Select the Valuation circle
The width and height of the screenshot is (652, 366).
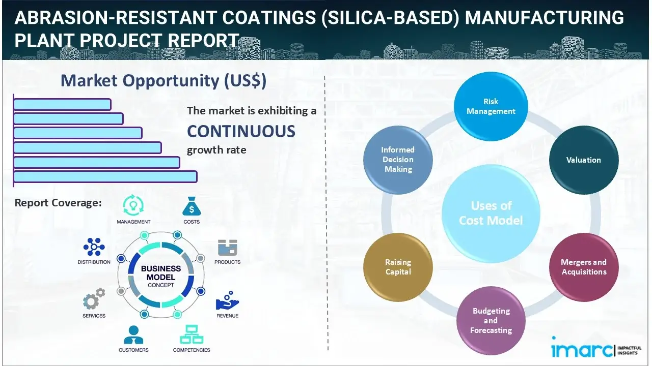[x=583, y=160]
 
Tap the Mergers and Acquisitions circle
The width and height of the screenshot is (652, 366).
[x=583, y=267]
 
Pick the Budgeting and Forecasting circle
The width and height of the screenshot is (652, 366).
[x=491, y=320]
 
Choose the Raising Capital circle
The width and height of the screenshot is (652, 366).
[x=398, y=267]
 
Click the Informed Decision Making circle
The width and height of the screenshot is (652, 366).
[x=398, y=160]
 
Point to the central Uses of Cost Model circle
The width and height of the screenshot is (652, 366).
[x=491, y=213]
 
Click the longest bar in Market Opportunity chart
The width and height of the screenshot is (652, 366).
[x=105, y=176]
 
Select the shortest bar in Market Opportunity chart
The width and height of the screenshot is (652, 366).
[x=62, y=104]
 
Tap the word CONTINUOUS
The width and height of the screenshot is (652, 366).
[x=241, y=131]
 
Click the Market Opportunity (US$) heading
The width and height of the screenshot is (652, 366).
[x=163, y=80]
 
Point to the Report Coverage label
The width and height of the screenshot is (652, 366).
[x=58, y=203]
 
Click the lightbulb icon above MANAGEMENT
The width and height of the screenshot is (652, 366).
[x=133, y=205]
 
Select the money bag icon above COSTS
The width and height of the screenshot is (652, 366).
[x=192, y=206]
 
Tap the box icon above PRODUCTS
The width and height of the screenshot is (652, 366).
[x=227, y=248]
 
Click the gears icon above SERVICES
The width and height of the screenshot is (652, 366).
[x=94, y=300]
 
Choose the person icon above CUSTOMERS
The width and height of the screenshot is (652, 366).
[x=133, y=334]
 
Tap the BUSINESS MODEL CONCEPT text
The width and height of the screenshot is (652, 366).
[x=160, y=276]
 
